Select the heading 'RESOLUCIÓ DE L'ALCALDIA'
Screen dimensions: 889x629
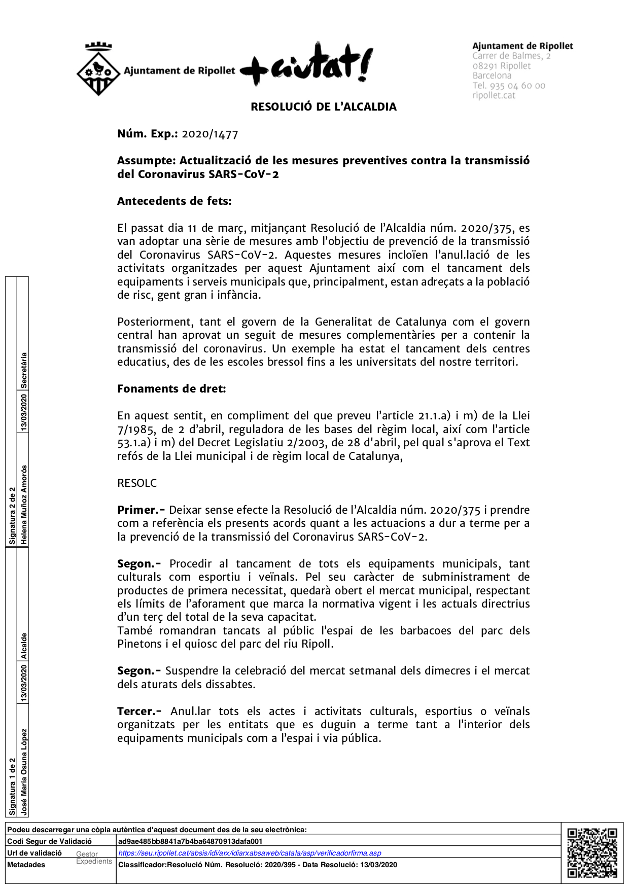(x=324, y=107)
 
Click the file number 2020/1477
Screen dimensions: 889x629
(x=210, y=134)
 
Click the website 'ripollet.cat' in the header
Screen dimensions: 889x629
(x=494, y=95)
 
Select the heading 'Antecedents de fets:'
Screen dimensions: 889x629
(x=174, y=201)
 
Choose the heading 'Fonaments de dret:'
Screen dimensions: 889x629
(x=171, y=389)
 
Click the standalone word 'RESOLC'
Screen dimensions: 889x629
(x=137, y=483)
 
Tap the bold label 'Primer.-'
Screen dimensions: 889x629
(x=141, y=510)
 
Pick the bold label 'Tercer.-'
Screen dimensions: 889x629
(x=139, y=712)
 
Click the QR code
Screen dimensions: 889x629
(x=592, y=852)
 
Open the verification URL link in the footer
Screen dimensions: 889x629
(x=250, y=853)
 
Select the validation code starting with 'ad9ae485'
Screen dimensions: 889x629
(x=190, y=841)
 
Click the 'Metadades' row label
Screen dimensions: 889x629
(x=26, y=865)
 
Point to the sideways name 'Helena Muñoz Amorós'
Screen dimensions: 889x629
(x=24, y=505)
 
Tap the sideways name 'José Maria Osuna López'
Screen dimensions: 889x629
(x=24, y=772)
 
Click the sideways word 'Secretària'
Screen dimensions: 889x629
(x=24, y=370)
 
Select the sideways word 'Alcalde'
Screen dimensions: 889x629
(x=24, y=646)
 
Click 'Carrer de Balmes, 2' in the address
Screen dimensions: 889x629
(x=511, y=56)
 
